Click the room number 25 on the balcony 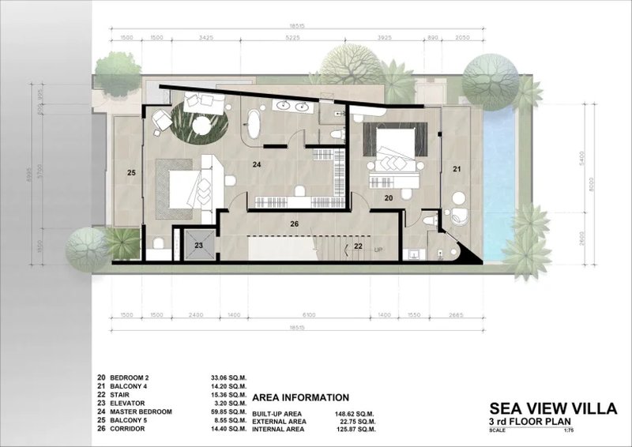132,172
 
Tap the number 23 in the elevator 199,246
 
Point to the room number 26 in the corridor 295,223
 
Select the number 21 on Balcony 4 457,168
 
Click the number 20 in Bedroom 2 388,199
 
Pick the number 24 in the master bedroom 257,165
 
